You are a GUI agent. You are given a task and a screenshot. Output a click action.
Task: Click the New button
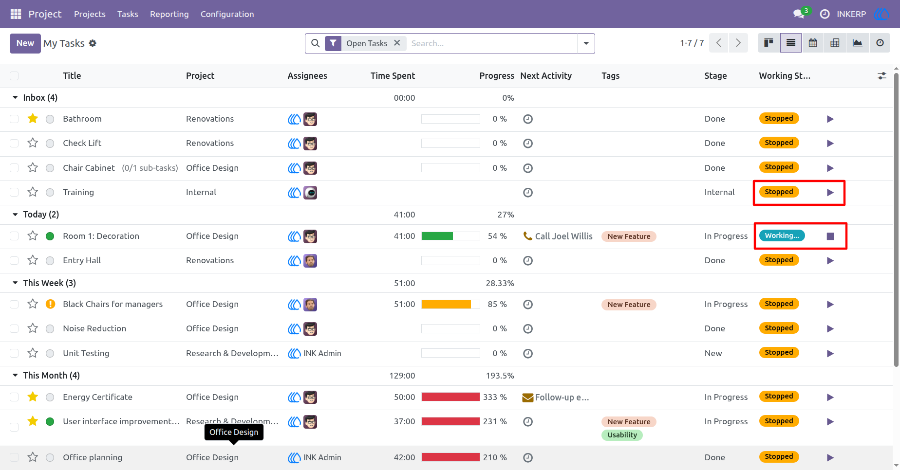(25, 43)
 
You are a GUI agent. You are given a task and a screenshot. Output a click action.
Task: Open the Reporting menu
(169, 14)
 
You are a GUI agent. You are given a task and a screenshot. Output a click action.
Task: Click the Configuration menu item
(227, 14)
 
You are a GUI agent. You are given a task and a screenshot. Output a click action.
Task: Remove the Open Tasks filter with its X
(397, 43)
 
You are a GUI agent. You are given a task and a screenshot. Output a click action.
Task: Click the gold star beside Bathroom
(33, 118)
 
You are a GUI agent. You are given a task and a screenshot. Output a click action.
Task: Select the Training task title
(78, 192)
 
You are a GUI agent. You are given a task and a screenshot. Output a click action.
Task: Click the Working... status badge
(782, 235)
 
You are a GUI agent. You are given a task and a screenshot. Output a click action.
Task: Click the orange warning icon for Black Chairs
(50, 304)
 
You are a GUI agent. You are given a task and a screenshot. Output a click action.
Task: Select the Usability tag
(622, 435)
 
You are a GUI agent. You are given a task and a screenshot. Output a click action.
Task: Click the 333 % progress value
(495, 397)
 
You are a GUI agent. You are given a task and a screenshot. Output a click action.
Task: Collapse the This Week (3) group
(15, 283)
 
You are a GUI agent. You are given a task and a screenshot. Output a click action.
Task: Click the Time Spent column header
(393, 75)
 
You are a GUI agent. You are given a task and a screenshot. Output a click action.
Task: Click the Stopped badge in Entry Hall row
(779, 260)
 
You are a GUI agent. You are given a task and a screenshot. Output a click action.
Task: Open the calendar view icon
(813, 43)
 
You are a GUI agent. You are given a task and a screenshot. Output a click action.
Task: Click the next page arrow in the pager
(738, 43)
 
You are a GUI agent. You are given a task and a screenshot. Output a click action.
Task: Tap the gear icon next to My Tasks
(93, 43)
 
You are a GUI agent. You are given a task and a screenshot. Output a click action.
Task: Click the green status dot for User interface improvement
(50, 421)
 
